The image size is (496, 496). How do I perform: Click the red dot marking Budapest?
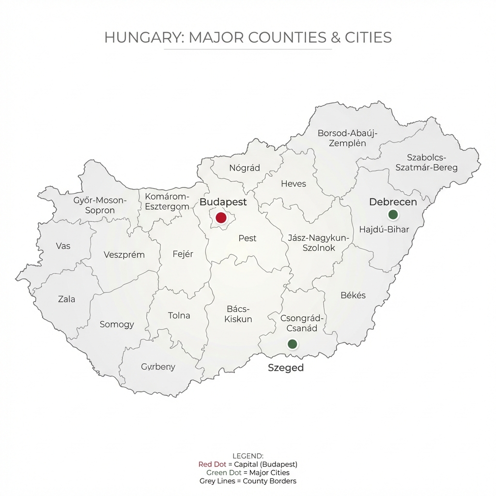(x=221, y=217)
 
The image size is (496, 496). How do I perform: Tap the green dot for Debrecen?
(x=393, y=214)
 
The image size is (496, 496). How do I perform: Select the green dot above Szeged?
(x=292, y=344)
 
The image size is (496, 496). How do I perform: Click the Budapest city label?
(x=223, y=202)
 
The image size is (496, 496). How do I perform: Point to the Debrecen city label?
(x=393, y=202)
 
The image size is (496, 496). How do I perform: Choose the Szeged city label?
(x=286, y=368)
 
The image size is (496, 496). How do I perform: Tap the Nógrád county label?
(x=244, y=168)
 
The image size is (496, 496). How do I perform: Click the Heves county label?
(x=294, y=184)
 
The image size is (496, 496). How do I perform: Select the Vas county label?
(x=63, y=246)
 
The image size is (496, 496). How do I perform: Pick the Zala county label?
(x=66, y=299)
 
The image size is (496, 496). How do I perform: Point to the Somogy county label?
(x=117, y=324)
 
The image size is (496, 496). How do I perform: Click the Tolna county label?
(x=179, y=315)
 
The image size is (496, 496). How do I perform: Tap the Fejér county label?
(x=183, y=254)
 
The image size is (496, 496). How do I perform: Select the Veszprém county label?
(x=124, y=255)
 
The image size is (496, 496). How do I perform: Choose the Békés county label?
(x=353, y=295)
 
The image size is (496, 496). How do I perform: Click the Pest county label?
(x=248, y=238)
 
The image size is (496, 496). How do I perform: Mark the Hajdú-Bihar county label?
(x=384, y=230)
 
